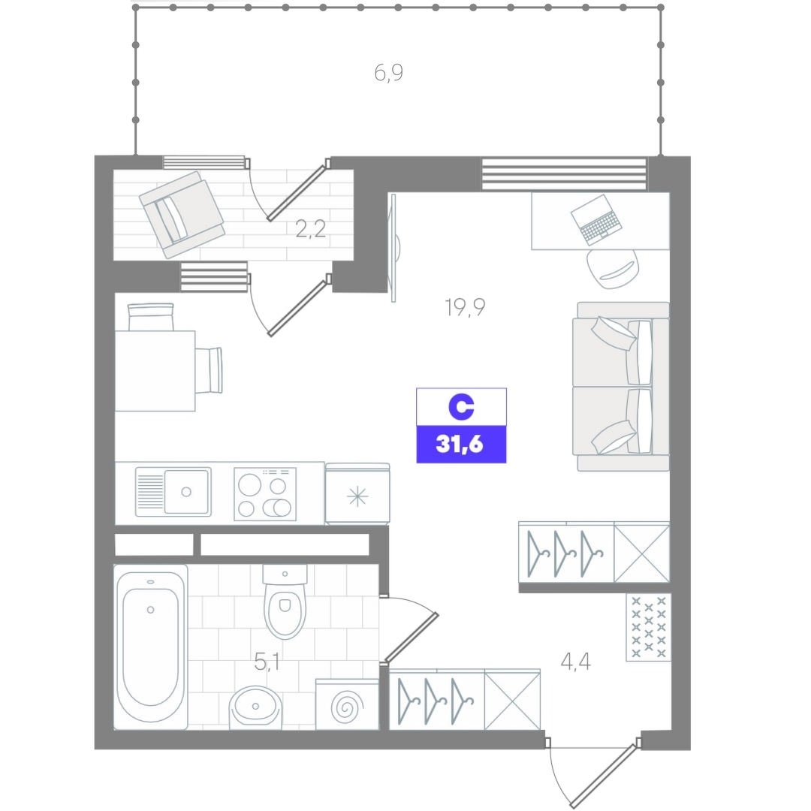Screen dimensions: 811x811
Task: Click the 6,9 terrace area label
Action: tap(388, 73)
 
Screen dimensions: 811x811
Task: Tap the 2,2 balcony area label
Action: tap(310, 228)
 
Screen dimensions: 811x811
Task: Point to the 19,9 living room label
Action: tap(465, 307)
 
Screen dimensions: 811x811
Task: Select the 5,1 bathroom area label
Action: tap(267, 662)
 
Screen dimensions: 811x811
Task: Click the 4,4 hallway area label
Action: tap(576, 662)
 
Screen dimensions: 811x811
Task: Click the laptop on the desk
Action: tap(595, 219)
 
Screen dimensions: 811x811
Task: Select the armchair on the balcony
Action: tap(182, 215)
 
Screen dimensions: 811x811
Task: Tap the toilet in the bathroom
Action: tap(285, 601)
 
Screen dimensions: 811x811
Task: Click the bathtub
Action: tap(150, 647)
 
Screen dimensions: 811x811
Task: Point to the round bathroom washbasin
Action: tap(255, 707)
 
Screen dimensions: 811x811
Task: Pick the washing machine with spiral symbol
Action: tap(347, 704)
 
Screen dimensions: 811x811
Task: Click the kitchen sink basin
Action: tap(186, 491)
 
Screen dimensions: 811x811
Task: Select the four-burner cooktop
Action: tap(265, 494)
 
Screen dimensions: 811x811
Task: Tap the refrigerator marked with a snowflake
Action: tap(357, 494)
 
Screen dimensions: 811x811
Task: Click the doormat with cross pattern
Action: tap(649, 627)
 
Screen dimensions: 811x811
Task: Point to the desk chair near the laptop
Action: tap(613, 269)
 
